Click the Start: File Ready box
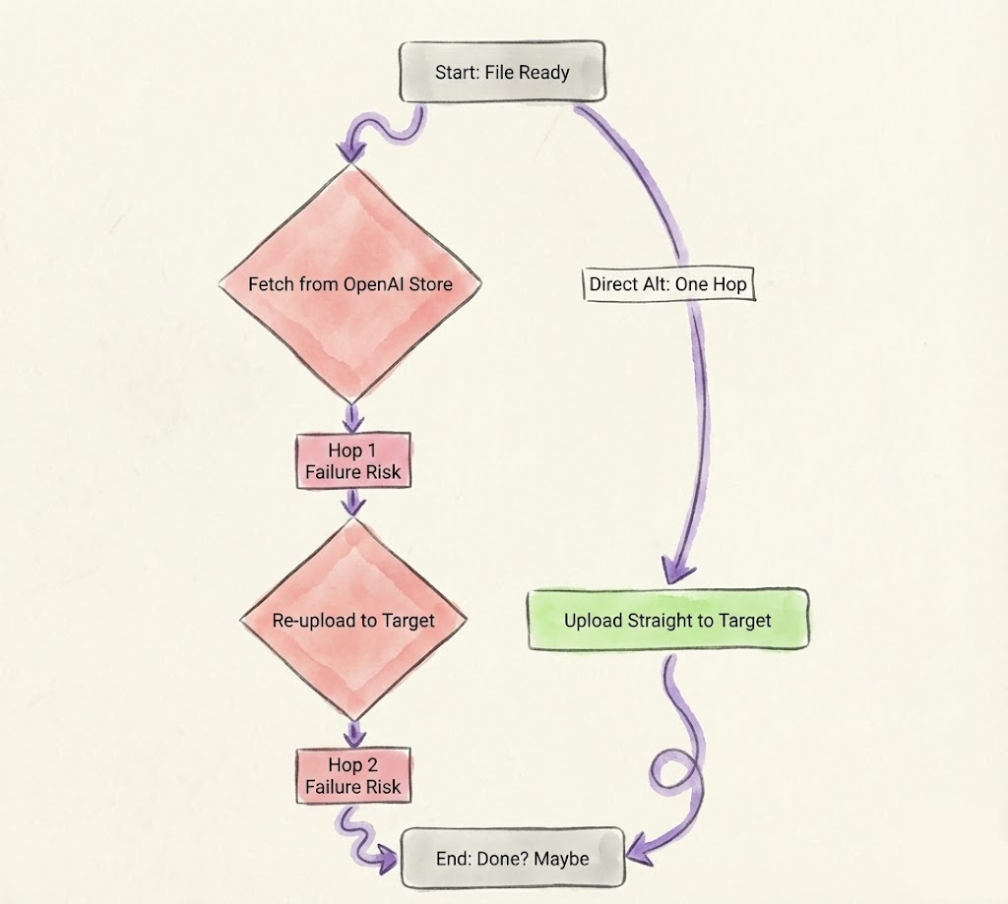click(x=502, y=72)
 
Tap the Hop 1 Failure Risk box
click(x=352, y=461)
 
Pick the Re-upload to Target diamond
click(x=352, y=621)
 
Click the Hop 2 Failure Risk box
click(x=352, y=776)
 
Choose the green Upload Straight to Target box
click(x=667, y=621)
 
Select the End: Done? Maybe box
click(x=512, y=859)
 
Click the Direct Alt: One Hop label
click(x=667, y=285)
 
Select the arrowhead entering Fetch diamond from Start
click(x=349, y=151)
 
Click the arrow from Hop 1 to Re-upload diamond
click(x=352, y=504)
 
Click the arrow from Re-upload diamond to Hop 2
click(x=352, y=734)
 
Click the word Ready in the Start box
click(x=546, y=72)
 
